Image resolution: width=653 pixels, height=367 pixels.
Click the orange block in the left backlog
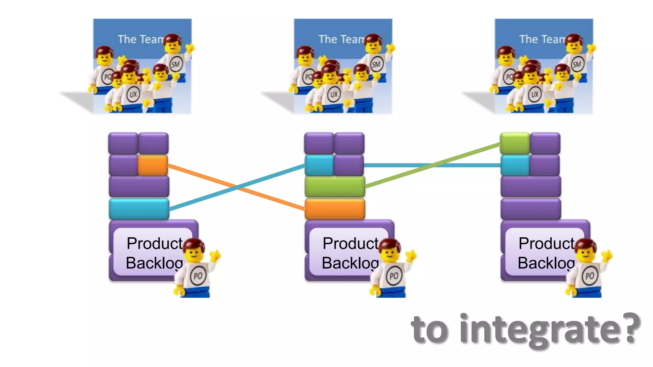coord(153,165)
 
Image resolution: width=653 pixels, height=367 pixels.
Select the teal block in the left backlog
coord(139,209)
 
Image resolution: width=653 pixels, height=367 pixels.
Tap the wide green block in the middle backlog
coord(335,186)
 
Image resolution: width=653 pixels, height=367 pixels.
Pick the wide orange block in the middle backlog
coord(335,209)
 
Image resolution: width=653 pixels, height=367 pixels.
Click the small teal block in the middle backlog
coord(319,165)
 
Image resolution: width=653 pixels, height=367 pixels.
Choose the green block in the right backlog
coord(515,143)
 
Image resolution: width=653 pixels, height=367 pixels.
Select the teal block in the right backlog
coord(515,165)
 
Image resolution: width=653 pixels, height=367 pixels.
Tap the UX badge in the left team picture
coord(133,94)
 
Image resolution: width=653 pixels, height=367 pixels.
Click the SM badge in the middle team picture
coord(376,65)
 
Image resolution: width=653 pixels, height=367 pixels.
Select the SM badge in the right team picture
coord(577,65)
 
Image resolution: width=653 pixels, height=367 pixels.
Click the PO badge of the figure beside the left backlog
coord(198,276)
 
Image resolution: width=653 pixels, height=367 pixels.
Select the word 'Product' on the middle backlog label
coord(350,243)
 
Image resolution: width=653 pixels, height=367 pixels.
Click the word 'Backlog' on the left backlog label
coord(154,263)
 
